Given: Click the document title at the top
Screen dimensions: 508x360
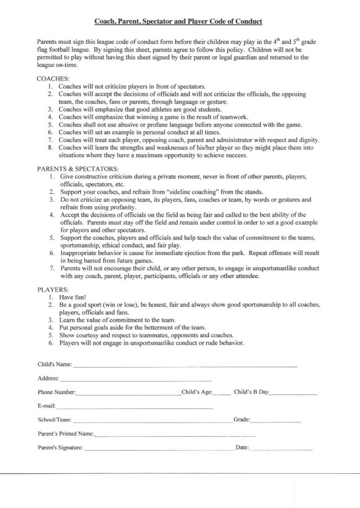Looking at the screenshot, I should click(x=178, y=21).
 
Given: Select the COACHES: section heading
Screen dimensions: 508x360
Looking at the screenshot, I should click(x=53, y=79).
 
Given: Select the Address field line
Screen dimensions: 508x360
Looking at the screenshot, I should click(x=136, y=379).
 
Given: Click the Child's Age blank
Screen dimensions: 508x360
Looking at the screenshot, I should click(x=222, y=393).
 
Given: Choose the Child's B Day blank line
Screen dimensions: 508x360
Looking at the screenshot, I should click(x=293, y=393).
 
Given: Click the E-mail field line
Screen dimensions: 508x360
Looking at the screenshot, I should click(x=134, y=407).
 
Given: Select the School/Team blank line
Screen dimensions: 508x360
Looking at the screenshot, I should click(x=152, y=421).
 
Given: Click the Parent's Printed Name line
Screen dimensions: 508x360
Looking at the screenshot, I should click(x=175, y=435).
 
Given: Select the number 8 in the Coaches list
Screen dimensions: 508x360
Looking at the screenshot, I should click(x=51, y=147).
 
